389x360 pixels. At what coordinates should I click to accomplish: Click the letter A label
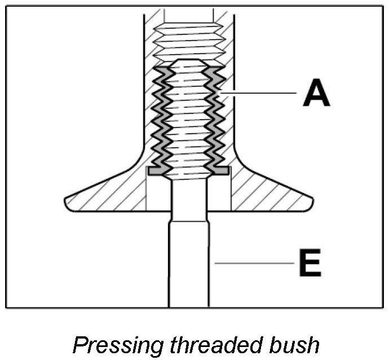(316, 93)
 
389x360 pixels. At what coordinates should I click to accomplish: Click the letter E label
(310, 263)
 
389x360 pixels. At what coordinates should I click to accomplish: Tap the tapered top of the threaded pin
(189, 63)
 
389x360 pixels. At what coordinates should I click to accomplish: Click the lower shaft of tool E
(189, 265)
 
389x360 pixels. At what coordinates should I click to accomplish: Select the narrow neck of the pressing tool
(189, 197)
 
